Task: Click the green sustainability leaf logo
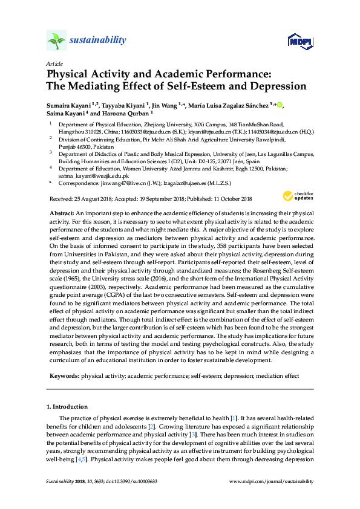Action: pyautogui.click(x=56, y=41)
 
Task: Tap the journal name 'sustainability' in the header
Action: pyautogui.click(x=98, y=41)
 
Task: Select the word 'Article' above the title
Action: pyautogui.click(x=54, y=64)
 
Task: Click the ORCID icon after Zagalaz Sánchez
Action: pyautogui.click(x=280, y=105)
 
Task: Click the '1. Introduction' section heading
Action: pyautogui.click(x=67, y=406)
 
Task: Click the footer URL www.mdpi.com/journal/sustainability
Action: pyautogui.click(x=272, y=482)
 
